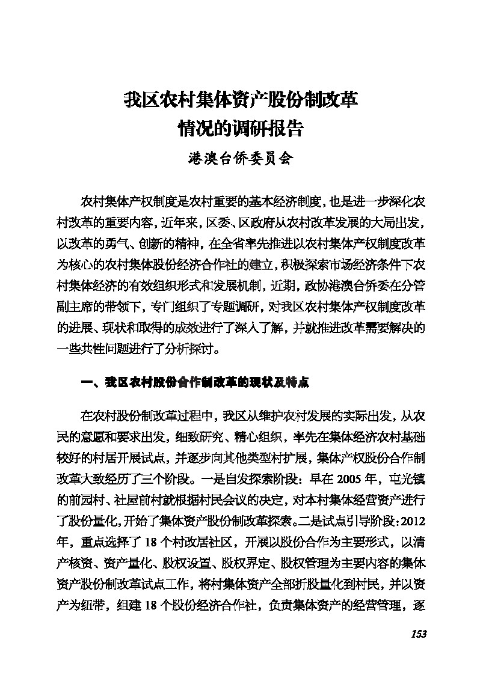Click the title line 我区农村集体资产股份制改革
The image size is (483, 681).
coord(241,99)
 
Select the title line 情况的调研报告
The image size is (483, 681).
coord(241,128)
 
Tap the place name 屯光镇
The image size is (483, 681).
coord(408,478)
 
